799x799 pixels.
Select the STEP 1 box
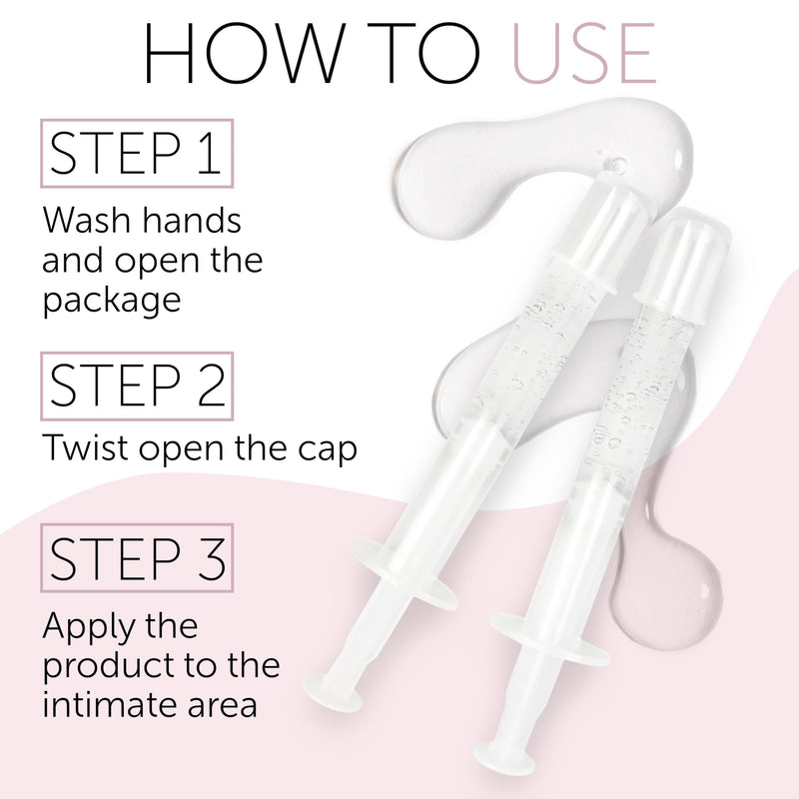(x=136, y=153)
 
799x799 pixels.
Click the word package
(x=112, y=300)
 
